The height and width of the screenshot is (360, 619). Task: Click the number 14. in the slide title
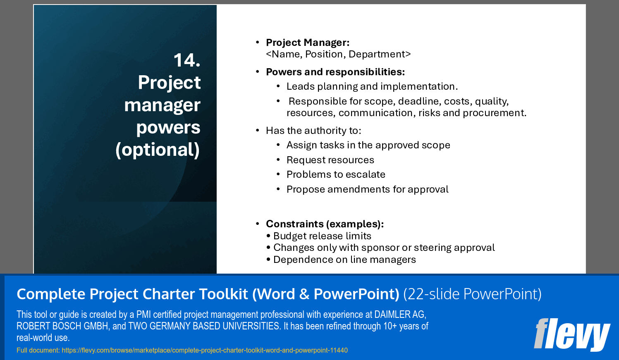point(187,60)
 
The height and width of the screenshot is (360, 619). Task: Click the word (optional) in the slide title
point(158,150)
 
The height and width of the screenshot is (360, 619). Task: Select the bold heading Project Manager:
point(308,43)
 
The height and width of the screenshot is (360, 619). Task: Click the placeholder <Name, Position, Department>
point(338,54)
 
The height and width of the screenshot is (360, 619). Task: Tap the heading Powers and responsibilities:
point(335,72)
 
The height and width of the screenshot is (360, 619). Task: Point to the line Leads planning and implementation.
point(372,86)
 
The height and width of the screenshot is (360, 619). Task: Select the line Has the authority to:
point(313,131)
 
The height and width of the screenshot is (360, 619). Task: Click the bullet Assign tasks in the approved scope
point(368,145)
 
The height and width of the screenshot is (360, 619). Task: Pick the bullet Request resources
point(330,160)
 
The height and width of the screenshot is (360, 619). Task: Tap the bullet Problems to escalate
point(336,174)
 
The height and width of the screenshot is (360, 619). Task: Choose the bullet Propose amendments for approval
point(367,189)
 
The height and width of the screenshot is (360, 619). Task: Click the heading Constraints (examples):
point(325,224)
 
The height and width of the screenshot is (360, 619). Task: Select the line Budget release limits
point(322,236)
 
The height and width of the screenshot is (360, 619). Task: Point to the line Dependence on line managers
point(344,260)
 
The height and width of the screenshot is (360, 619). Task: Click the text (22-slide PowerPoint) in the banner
point(472,294)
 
